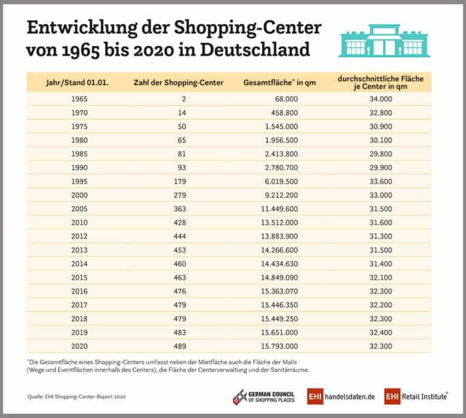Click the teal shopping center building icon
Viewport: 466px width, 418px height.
coord(384,41)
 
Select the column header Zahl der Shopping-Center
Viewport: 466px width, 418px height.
coord(178,83)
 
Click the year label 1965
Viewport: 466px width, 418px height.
coord(79,98)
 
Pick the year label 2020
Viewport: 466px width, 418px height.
coord(79,346)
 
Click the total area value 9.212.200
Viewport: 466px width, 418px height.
coord(277,195)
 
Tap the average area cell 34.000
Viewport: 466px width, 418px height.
coord(380,98)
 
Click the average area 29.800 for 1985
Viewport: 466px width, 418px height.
coord(380,153)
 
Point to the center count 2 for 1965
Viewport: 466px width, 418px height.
coord(183,98)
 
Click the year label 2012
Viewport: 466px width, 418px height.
coord(79,236)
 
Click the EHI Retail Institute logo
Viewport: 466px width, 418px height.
coord(416,396)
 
